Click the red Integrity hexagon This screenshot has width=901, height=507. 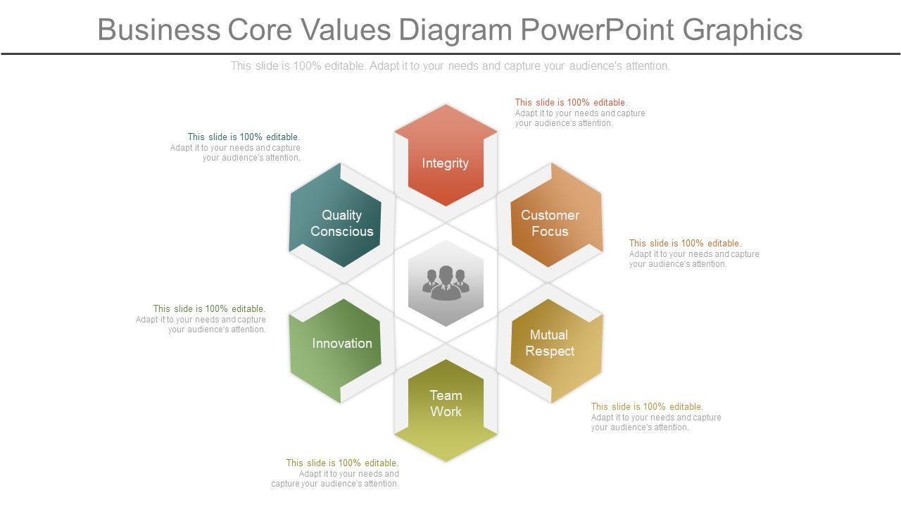(445, 156)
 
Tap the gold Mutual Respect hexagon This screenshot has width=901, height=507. (553, 349)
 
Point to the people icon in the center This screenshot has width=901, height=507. (446, 282)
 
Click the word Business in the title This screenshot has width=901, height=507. (158, 30)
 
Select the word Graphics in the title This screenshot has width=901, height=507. (743, 30)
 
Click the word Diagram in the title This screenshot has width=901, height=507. (455, 30)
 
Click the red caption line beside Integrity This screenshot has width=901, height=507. (571, 102)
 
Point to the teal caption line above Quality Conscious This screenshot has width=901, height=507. (244, 137)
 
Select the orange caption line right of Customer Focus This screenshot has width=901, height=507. (685, 243)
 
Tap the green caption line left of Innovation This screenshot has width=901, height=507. (209, 308)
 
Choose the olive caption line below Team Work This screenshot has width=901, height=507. (342, 463)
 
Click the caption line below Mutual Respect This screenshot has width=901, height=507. (647, 406)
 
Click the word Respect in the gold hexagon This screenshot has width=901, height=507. (550, 351)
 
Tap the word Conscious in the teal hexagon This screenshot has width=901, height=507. (342, 231)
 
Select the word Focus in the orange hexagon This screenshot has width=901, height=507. (550, 231)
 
